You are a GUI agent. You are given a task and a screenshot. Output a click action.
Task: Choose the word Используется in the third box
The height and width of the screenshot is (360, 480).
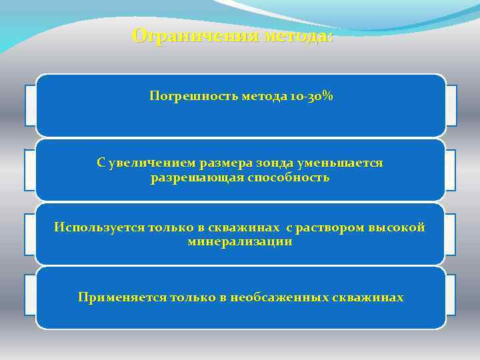tap(97, 227)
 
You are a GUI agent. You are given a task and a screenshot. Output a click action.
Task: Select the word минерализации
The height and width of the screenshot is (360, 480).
tap(240, 242)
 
